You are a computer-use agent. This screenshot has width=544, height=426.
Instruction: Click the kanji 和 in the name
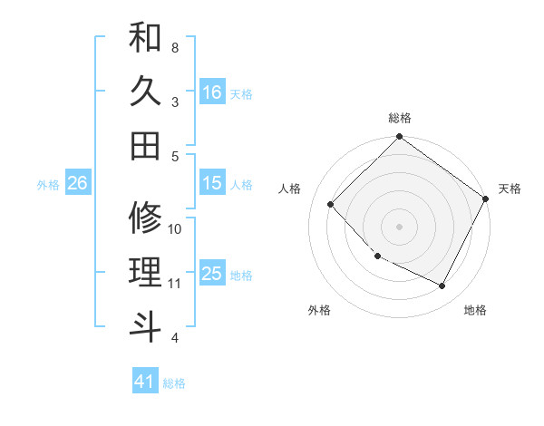(145, 39)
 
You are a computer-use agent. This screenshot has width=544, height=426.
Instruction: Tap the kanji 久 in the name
(145, 92)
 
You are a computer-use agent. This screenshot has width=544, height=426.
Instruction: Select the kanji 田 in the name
(145, 145)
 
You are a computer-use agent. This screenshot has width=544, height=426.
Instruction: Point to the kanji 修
(145, 218)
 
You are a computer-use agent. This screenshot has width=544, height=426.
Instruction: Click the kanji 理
(145, 272)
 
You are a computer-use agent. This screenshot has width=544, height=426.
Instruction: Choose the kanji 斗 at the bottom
(145, 326)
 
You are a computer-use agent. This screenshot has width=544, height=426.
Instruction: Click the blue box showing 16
(212, 92)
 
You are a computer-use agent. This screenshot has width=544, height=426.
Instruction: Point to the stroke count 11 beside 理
(176, 284)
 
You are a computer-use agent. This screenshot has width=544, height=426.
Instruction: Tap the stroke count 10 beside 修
(176, 229)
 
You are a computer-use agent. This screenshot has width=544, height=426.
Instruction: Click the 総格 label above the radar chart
(400, 118)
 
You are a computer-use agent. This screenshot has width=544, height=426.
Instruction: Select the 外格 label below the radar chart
(319, 310)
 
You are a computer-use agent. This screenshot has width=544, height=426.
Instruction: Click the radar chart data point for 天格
(486, 199)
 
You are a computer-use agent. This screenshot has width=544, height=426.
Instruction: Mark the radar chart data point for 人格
(331, 204)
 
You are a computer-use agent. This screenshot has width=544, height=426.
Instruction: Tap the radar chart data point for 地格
(442, 286)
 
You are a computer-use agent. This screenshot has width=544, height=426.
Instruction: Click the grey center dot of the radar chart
(400, 226)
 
